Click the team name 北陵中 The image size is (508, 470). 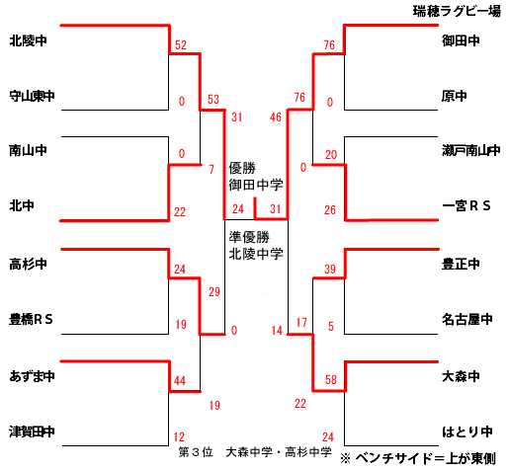(x=28, y=40)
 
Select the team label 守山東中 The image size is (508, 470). (x=32, y=96)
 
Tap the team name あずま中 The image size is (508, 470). (x=32, y=376)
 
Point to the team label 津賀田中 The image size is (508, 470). (x=32, y=431)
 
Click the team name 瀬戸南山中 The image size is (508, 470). (x=471, y=150)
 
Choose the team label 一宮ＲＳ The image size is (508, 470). (x=466, y=205)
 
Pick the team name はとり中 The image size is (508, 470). (x=467, y=431)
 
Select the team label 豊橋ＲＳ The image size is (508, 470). (x=31, y=319)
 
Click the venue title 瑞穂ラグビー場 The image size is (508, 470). (x=457, y=11)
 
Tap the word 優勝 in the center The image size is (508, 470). (x=242, y=168)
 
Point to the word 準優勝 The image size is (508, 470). (x=249, y=237)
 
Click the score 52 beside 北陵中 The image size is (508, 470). (x=181, y=44)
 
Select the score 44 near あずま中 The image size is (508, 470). (x=180, y=380)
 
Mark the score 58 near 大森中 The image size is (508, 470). (x=331, y=379)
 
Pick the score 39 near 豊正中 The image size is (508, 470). (x=330, y=269)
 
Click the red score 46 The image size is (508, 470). (x=276, y=117)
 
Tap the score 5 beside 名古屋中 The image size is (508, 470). (x=331, y=326)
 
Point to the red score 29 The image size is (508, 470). (x=214, y=291)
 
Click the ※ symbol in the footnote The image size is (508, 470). (x=345, y=458)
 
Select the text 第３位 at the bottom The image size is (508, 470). (x=196, y=452)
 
